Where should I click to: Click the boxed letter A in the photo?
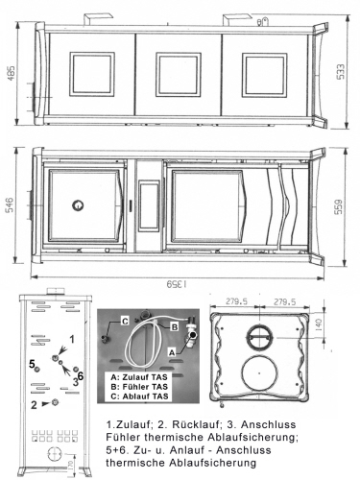(173, 351)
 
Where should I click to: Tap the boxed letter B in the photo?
(175, 325)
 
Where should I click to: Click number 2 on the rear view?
(34, 404)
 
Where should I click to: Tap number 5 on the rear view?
(33, 363)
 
